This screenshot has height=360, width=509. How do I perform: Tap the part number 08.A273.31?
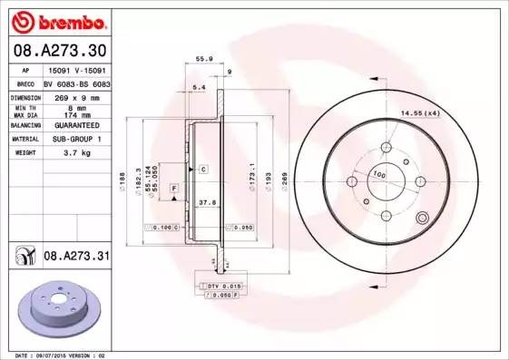[x=76, y=258]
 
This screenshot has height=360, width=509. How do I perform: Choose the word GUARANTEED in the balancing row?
[x=71, y=126]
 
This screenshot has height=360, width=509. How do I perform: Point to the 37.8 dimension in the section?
[x=207, y=203]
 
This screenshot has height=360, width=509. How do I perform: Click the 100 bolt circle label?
[x=379, y=174]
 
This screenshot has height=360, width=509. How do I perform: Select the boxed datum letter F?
[x=174, y=187]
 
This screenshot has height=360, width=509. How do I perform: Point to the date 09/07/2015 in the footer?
[x=52, y=355]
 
